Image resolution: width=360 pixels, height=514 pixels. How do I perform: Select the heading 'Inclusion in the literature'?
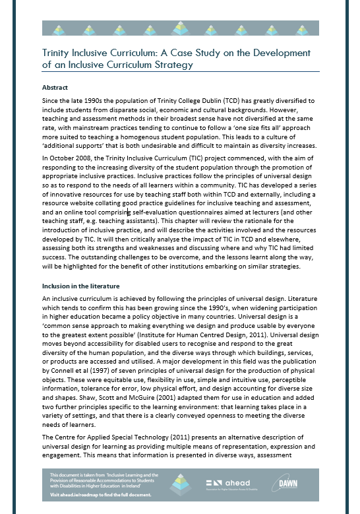pyautogui.click(x=80, y=286)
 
